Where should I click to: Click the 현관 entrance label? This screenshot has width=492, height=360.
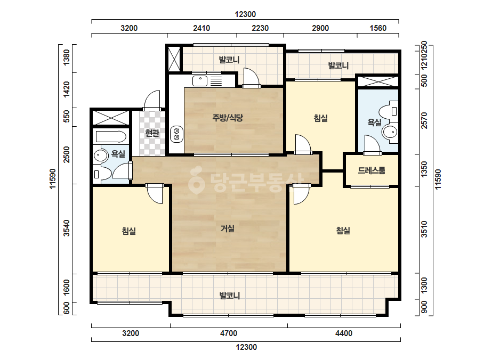pos(152,133)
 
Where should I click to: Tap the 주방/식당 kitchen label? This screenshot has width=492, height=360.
pos(228,118)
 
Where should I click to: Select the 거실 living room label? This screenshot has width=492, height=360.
pos(228,228)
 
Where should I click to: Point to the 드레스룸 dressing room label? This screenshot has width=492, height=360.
pos(372,170)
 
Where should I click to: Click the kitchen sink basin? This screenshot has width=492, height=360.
pos(199,81)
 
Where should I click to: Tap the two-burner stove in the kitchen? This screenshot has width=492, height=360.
pos(176,134)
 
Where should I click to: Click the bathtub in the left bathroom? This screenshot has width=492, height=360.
pos(111,137)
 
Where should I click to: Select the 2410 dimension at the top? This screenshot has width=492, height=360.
pos(201,28)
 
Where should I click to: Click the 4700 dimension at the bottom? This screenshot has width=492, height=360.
pos(229,333)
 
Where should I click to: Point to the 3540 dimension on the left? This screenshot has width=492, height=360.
pos(66,228)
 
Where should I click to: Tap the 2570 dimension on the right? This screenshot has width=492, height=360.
pos(424,120)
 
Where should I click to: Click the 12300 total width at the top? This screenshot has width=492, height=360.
pos(245,14)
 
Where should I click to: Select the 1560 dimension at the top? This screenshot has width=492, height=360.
pos(378,28)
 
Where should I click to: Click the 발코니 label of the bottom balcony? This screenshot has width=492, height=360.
pos(229,296)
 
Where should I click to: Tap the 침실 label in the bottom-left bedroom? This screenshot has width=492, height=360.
pos(129,231)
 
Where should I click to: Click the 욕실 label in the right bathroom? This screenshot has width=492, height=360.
pos(374,122)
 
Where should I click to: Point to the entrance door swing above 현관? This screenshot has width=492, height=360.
pos(152,100)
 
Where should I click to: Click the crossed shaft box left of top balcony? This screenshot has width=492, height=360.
pos(174,59)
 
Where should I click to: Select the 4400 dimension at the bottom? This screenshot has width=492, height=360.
pos(344,333)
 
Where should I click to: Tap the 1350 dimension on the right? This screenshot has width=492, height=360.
pos(424,169)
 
